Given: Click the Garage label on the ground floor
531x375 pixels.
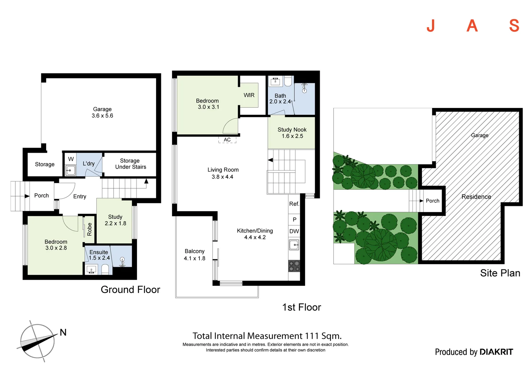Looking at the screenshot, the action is (102, 109).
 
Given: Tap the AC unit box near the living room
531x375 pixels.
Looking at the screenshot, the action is (227, 140).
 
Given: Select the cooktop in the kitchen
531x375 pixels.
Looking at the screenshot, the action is (294, 266).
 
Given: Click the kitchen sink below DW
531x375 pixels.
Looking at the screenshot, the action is (294, 245).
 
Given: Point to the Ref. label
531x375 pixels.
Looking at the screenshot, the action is (294, 204).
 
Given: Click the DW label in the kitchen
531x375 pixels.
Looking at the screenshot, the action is (294, 231).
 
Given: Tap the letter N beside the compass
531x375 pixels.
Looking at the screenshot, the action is (63, 332).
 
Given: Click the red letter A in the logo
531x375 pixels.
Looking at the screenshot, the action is (472, 26).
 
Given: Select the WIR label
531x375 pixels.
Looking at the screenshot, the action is (249, 95).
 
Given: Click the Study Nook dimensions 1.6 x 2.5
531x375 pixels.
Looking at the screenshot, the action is (292, 136).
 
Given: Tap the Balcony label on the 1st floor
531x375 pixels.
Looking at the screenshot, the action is (195, 251).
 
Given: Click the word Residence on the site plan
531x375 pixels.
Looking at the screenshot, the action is (476, 197).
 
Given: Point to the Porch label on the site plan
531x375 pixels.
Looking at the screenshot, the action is (433, 201).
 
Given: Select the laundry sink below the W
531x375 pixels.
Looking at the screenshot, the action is (71, 170).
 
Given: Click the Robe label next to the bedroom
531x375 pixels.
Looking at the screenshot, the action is (89, 229).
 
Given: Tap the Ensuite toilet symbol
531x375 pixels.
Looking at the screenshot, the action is (105, 269).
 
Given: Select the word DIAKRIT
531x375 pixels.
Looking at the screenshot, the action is (496, 352).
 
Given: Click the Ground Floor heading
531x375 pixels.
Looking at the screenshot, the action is (130, 290).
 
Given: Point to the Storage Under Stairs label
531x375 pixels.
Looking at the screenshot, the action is (130, 164).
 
